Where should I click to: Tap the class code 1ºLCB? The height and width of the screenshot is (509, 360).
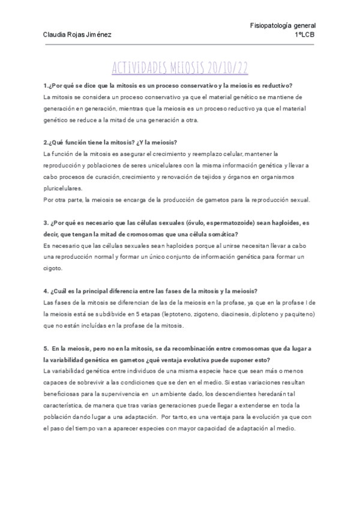coord(306,35)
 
